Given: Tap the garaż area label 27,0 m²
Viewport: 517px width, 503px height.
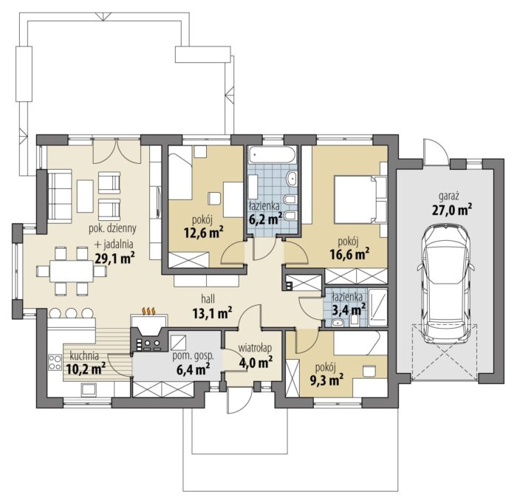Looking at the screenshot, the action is pos(452,210).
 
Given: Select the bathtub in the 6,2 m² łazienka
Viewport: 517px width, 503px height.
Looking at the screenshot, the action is pos(273,154).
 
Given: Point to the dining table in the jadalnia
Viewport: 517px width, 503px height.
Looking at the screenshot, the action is pos(72,271).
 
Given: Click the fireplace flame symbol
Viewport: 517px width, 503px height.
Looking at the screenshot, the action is pos(148,311).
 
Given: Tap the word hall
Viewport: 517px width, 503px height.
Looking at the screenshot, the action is pos(208,299).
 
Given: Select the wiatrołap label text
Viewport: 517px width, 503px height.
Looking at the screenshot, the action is pos(255,348).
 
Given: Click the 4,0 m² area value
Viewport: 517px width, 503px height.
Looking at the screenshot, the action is pos(256,362).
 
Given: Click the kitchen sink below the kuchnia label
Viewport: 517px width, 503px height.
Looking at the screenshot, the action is pos(89,389).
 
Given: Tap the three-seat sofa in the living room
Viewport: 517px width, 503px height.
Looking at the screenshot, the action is pos(60,196).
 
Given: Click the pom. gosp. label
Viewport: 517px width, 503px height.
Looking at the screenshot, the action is pos(194,356).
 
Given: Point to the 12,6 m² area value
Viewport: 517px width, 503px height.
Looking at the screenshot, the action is pos(204,233).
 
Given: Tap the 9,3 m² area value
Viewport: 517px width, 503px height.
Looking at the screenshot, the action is pos(325,380).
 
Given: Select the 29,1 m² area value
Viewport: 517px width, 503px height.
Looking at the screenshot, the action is pos(114,259).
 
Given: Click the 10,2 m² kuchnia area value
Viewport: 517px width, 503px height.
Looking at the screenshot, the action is pos(86,369).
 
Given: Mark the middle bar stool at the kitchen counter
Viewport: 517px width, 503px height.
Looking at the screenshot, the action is pos(71,312).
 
